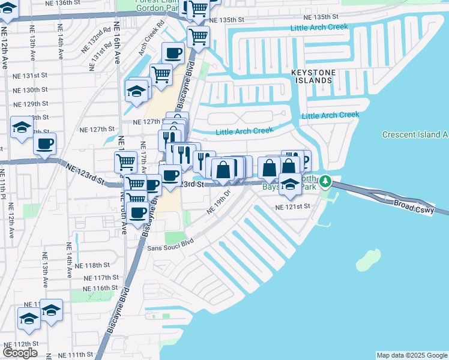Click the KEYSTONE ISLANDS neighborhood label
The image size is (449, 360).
coord(321,76)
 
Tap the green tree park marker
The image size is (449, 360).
coord(325,180)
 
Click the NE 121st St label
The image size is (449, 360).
coord(292,206)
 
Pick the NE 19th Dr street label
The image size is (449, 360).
coord(219,202)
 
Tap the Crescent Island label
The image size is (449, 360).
coord(415,134)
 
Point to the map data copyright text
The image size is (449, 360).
coord(411,355)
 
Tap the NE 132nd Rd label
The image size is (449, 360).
coord(100,36)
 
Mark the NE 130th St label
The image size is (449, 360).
coord(31,89)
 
